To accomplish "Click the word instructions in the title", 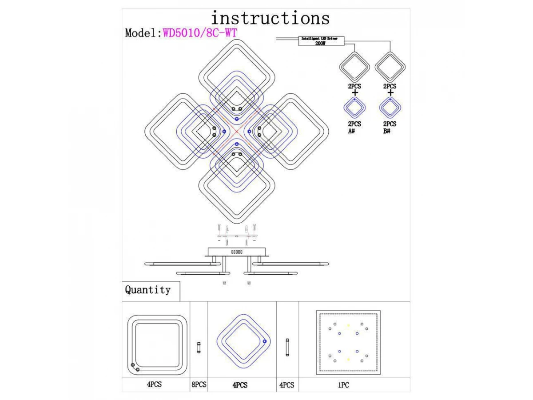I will click(x=270, y=18).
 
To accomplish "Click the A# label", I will click(x=351, y=132).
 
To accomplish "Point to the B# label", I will click(x=387, y=132).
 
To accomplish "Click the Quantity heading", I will click(x=147, y=290).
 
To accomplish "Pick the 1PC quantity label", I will click(x=343, y=385).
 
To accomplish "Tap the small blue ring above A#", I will click(x=355, y=107).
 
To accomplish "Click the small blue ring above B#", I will click(x=390, y=107).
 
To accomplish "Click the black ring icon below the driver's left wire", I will click(x=354, y=67).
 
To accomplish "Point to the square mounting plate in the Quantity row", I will click(x=348, y=343).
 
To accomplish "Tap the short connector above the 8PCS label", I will click(x=199, y=347).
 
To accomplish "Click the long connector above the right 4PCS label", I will click(x=287, y=348).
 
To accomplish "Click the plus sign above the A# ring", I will click(x=354, y=93).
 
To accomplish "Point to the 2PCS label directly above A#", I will click(x=354, y=124).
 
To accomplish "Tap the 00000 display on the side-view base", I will click(x=237, y=252).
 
